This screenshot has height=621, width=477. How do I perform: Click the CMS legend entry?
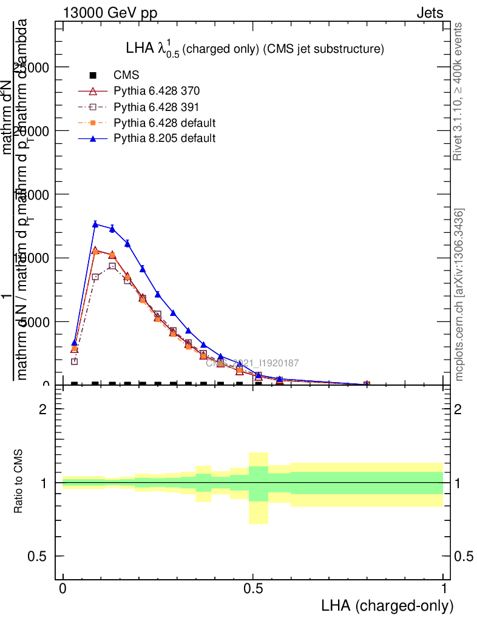click(126, 75)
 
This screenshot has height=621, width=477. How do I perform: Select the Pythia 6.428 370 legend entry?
click(157, 91)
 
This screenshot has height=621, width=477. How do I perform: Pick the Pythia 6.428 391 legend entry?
click(157, 107)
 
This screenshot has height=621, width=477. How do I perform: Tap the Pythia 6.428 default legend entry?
click(164, 123)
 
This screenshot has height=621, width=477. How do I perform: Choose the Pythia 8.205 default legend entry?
click(164, 138)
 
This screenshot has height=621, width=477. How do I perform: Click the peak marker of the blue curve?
click(95, 224)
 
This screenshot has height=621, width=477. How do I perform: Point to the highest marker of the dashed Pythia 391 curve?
click(112, 266)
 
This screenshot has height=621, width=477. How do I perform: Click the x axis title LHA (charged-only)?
click(387, 606)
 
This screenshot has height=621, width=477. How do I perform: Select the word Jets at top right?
click(430, 13)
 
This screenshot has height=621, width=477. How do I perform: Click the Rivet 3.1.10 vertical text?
click(458, 91)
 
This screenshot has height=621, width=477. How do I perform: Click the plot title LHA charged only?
click(254, 49)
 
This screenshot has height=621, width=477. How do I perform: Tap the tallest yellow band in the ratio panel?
click(259, 488)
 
